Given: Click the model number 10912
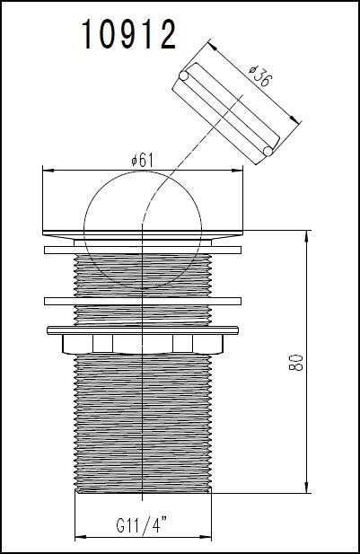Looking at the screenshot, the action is click(x=128, y=34).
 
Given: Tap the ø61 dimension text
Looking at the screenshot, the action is click(x=143, y=160).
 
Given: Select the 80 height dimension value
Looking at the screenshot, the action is click(x=296, y=362).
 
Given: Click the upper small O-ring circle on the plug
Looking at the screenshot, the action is click(x=183, y=75).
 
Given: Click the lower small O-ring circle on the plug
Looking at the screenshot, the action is click(x=268, y=151).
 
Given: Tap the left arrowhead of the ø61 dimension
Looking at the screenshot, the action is click(x=48, y=171).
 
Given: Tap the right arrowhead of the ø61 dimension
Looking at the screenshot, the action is click(x=238, y=171).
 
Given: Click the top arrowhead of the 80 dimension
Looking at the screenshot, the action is click(x=306, y=236).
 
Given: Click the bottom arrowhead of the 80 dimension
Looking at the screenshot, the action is click(x=306, y=488).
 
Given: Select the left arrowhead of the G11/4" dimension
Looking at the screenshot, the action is click(x=81, y=538).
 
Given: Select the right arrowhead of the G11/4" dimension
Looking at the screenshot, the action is click(x=206, y=538).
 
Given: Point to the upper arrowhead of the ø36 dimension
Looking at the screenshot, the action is click(x=212, y=45).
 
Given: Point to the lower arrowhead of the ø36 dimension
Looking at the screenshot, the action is click(x=295, y=119).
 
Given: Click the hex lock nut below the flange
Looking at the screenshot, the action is click(x=143, y=344).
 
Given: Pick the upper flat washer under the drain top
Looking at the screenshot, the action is click(x=143, y=250).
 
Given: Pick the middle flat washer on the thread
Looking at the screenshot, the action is click(x=143, y=302).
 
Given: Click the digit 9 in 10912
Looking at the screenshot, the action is click(x=128, y=34).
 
